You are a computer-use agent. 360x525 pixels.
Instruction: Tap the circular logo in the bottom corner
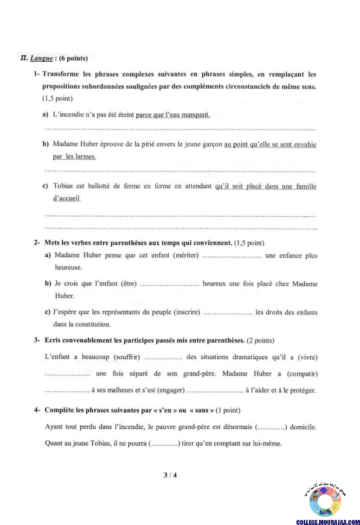click(325, 500)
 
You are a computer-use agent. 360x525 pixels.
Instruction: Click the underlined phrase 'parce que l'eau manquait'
click(173, 115)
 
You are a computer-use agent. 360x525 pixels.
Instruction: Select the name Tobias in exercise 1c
click(64, 186)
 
